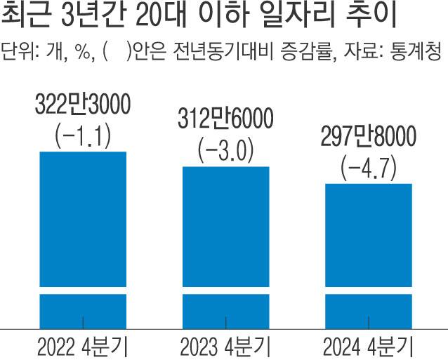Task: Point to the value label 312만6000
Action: (225, 121)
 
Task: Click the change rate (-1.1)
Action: (83, 137)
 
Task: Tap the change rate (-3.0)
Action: (225, 152)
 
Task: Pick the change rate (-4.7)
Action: (368, 168)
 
